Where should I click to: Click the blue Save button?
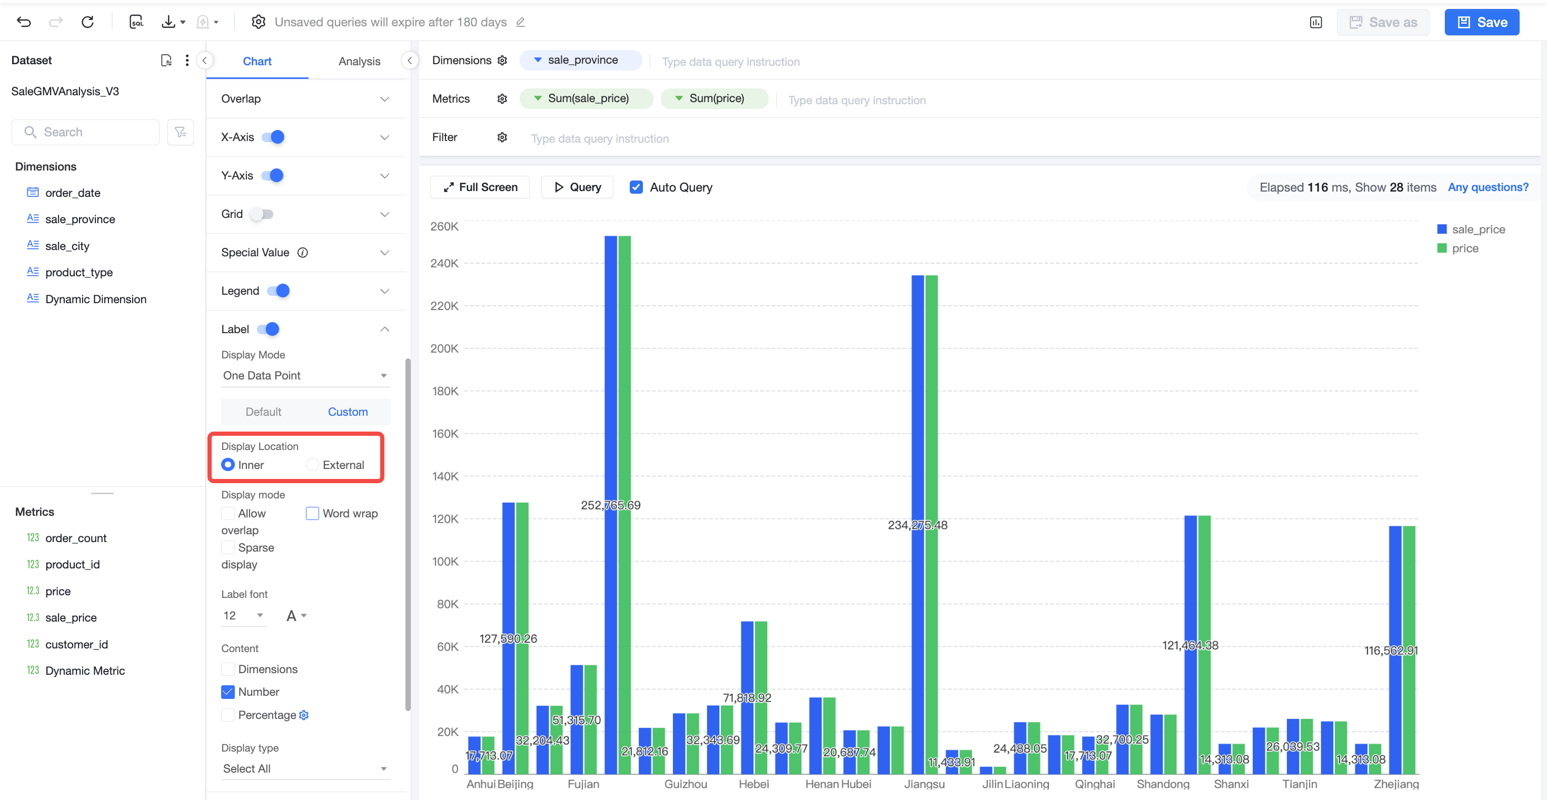1482,22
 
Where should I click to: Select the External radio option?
312,465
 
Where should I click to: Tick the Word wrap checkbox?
312,513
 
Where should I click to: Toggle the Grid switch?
262,214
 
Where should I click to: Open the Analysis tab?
359,61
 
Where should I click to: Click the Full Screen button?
480,187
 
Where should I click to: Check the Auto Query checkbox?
636,187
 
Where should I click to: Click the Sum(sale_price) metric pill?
586,98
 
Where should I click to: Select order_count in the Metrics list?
76,538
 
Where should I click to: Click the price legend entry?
1465,248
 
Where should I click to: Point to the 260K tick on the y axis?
444,226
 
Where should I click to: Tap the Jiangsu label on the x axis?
924,784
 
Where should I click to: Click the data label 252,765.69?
610,505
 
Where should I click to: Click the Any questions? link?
1488,187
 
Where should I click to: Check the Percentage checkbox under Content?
228,715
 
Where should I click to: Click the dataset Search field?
86,132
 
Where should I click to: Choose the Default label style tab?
263,412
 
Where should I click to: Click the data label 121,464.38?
1191,645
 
